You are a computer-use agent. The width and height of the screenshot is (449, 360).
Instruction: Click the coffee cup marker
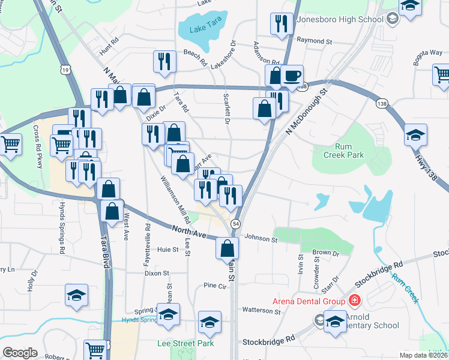tap(292, 76)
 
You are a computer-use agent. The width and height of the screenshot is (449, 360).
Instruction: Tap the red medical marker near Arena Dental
tap(355, 300)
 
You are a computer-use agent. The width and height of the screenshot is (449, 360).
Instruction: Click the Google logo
tap(20, 353)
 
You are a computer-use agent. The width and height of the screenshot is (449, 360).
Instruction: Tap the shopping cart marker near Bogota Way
tap(441, 75)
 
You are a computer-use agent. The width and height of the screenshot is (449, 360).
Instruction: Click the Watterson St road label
tap(261, 311)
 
